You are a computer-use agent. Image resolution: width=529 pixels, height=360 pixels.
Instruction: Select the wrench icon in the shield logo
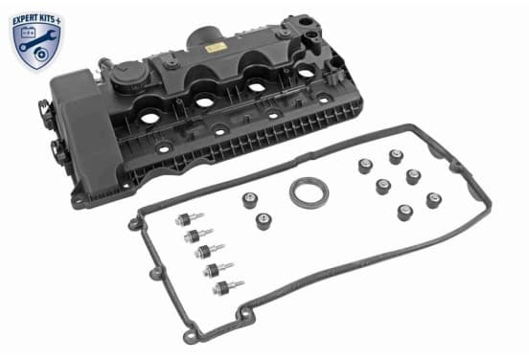click(x=37, y=41)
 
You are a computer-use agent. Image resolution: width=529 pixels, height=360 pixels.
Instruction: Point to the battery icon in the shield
click(x=28, y=33)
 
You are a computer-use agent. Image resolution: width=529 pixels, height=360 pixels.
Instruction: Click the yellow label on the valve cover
click(x=214, y=48)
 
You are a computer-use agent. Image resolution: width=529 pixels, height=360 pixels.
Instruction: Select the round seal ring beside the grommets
click(x=309, y=192)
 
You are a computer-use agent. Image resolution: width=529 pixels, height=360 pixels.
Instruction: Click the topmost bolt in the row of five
click(x=189, y=219)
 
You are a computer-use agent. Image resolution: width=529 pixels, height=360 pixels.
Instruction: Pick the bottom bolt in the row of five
click(x=228, y=288)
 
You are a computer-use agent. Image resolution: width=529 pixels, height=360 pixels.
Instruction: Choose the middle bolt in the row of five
click(x=209, y=252)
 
